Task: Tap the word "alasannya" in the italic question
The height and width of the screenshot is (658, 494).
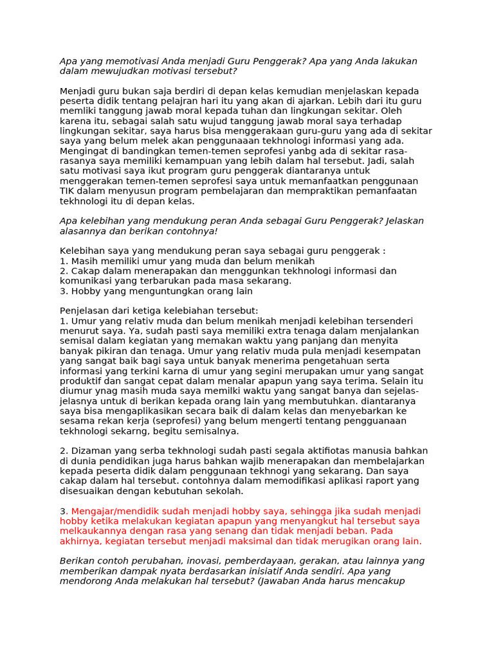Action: click(x=82, y=231)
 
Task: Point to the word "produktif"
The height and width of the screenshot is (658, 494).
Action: click(x=80, y=381)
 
